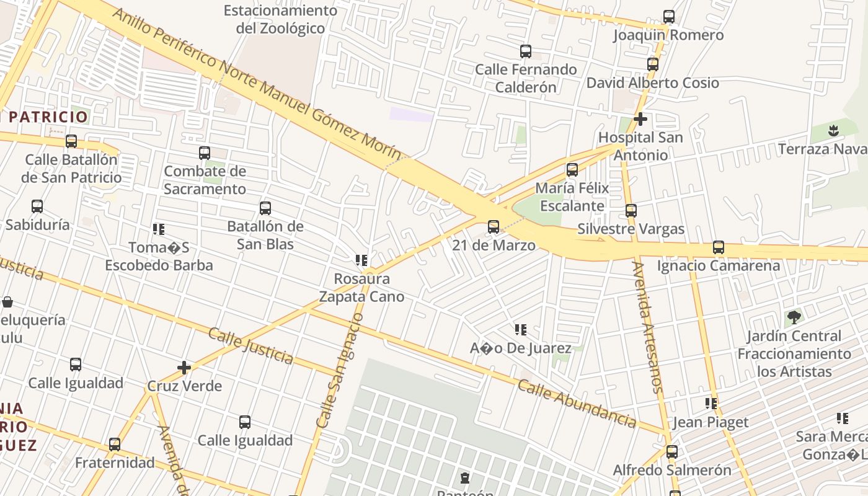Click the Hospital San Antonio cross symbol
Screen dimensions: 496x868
(x=640, y=118)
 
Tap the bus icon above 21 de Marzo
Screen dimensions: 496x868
(x=494, y=226)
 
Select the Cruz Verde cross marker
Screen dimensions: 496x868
(x=184, y=368)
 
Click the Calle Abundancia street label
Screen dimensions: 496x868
(x=577, y=404)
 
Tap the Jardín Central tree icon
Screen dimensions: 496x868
(x=794, y=318)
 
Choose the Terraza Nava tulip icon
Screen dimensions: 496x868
(x=833, y=131)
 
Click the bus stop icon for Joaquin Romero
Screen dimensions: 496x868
(x=668, y=17)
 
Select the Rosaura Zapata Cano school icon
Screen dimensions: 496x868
(x=361, y=260)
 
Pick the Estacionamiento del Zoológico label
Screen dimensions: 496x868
(x=280, y=19)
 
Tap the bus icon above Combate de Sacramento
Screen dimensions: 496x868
(x=205, y=153)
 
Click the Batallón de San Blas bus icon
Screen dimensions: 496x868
(x=265, y=208)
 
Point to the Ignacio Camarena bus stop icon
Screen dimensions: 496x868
(x=718, y=247)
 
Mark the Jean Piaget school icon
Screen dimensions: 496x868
(x=711, y=404)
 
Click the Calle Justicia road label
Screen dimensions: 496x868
(x=250, y=345)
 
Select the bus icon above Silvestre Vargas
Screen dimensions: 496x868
(x=631, y=210)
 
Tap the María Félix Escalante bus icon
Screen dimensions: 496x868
(x=572, y=169)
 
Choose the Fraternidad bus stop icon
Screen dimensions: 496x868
(x=115, y=444)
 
